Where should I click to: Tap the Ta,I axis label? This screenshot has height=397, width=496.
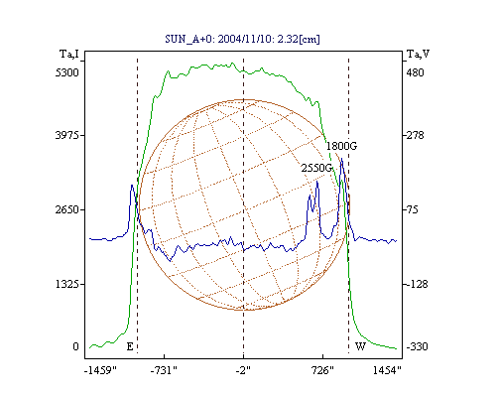tap(69, 54)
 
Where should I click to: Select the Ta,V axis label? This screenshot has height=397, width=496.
tap(418, 54)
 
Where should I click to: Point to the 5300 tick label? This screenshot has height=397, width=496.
tap(67, 72)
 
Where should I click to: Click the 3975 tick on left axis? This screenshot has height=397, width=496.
tap(67, 135)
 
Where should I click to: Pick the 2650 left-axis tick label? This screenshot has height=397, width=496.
tap(67, 209)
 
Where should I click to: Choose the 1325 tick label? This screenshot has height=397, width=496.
tap(67, 284)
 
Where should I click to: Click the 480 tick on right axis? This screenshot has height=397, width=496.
tap(415, 72)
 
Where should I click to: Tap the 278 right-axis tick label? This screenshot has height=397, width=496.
tap(415, 135)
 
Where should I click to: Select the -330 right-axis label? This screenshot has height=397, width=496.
tap(417, 346)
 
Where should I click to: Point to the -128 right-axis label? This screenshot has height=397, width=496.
tap(417, 284)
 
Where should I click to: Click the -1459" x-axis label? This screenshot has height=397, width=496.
tap(100, 370)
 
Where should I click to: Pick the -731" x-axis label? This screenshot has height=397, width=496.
tap(164, 370)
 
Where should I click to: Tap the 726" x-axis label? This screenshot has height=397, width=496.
tap(321, 370)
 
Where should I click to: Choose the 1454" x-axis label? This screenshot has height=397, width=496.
tap(387, 370)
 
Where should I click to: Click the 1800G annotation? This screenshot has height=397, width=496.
tap(341, 146)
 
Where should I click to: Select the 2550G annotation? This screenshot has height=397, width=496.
tap(316, 168)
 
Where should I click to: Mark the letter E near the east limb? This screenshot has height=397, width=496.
tap(130, 346)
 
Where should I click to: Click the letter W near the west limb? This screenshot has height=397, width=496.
tap(360, 346)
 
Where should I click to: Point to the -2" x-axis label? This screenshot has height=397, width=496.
tap(243, 370)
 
